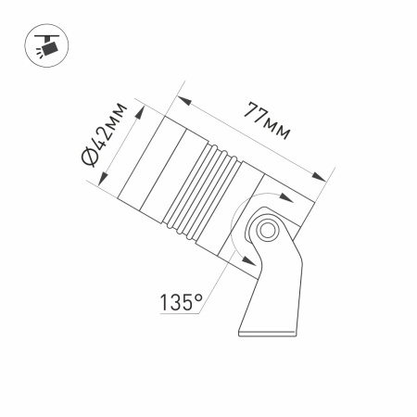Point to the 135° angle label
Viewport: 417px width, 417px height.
click(180, 301)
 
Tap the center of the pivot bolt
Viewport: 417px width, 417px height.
click(270, 229)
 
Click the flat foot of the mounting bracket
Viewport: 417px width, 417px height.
click(270, 331)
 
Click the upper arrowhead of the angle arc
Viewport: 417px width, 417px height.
click(282, 197)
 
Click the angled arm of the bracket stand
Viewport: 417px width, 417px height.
click(277, 278)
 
